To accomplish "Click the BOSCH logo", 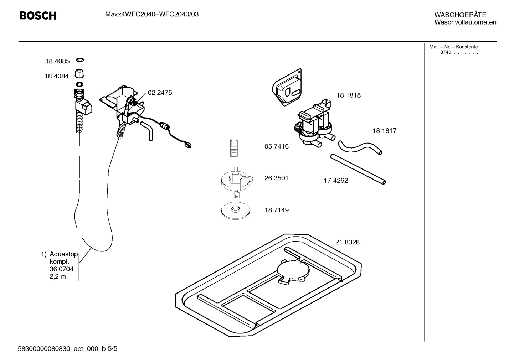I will pyautogui.click(x=37, y=16).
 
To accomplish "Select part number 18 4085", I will pyautogui.click(x=57, y=61).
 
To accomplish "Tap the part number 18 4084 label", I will pyautogui.click(x=56, y=76).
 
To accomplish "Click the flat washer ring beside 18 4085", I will pyautogui.click(x=80, y=60).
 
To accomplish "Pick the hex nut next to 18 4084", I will pyautogui.click(x=79, y=74).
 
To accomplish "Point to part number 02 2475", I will pyautogui.click(x=160, y=93).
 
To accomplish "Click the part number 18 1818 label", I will pyautogui.click(x=348, y=95).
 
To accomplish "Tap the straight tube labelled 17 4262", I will pyautogui.click(x=358, y=169).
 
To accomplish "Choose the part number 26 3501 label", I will pyautogui.click(x=276, y=178).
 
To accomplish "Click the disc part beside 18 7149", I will pyautogui.click(x=235, y=210).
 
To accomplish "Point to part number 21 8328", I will pyautogui.click(x=347, y=242).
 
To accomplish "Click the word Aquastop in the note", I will pyautogui.click(x=63, y=254).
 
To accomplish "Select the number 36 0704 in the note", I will pyautogui.click(x=61, y=269).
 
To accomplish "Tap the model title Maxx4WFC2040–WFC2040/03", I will pyautogui.click(x=152, y=14).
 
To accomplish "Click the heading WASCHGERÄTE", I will pyautogui.click(x=460, y=15).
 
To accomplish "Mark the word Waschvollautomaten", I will pyautogui.click(x=465, y=22).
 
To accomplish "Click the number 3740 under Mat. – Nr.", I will pyautogui.click(x=445, y=52).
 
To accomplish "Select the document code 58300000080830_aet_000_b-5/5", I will pyautogui.click(x=67, y=348).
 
